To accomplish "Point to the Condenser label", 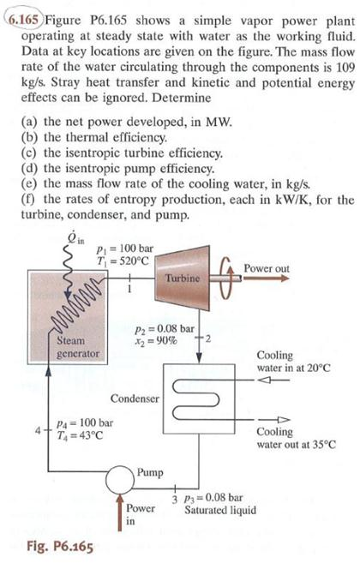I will pyautogui.click(x=135, y=398).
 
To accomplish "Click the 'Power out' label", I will pyautogui.click(x=267, y=268).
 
